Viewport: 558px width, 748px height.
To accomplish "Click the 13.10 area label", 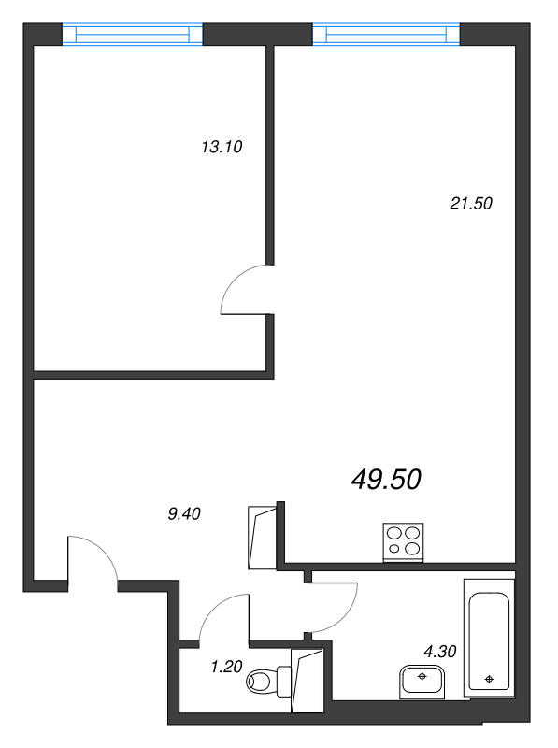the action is click(222, 147).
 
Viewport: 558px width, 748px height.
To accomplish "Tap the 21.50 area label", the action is click(471, 203).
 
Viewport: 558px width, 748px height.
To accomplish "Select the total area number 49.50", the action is click(386, 480).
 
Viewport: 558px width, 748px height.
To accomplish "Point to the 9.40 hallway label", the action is click(184, 513).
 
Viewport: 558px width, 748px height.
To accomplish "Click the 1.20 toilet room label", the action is click(226, 667).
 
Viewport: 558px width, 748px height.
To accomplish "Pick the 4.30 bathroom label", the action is click(440, 651).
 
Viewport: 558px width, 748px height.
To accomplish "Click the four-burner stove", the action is click(404, 542).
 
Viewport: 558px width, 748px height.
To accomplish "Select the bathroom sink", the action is click(422, 683).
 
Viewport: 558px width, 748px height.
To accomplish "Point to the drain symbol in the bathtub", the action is click(489, 679).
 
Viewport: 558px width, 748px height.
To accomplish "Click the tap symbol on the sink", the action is click(422, 676).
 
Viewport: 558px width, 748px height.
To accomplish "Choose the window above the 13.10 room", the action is click(133, 35).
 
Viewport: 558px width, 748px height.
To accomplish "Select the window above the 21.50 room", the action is click(386, 35).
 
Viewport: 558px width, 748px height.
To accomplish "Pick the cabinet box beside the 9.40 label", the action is click(263, 537).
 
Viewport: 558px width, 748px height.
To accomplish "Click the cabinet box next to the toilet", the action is click(308, 681).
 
